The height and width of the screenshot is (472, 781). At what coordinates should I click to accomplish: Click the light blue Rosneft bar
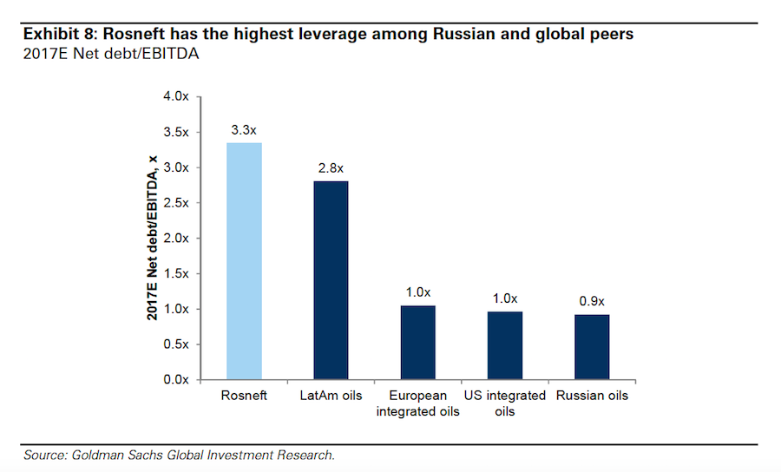click(x=244, y=260)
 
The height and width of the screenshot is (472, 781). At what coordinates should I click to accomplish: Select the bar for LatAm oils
click(x=331, y=279)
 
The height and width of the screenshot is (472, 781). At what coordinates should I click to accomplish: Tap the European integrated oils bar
click(x=417, y=343)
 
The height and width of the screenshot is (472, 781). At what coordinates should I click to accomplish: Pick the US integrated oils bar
click(x=504, y=345)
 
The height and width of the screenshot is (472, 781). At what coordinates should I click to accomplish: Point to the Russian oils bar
click(x=592, y=347)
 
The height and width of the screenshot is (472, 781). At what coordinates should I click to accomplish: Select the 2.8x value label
click(x=331, y=168)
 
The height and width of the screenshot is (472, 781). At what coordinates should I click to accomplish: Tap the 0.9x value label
click(x=592, y=302)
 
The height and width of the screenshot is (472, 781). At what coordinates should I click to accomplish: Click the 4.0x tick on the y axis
click(x=175, y=96)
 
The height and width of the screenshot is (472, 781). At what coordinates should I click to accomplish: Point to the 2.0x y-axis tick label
click(x=175, y=238)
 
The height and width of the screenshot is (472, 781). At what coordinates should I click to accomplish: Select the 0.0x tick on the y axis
click(x=175, y=380)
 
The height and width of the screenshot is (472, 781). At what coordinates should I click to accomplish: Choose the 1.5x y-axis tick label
click(x=175, y=273)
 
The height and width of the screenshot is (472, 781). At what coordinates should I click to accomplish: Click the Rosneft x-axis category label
click(x=244, y=396)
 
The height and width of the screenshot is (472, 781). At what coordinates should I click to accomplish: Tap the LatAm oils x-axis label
click(x=331, y=396)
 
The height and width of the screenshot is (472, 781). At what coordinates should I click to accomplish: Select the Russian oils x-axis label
click(x=592, y=396)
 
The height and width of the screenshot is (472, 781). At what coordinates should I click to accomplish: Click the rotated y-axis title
click(x=153, y=238)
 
